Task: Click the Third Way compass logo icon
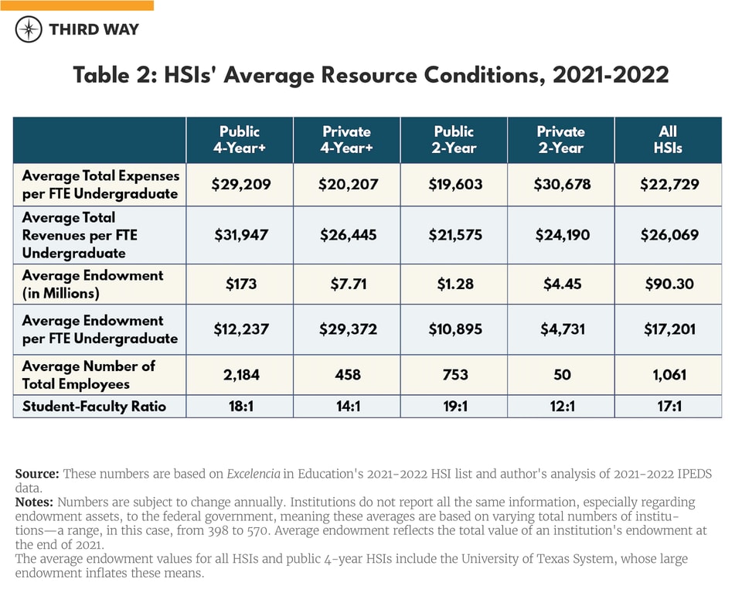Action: pyautogui.click(x=29, y=29)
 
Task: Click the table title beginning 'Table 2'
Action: pyautogui.click(x=370, y=76)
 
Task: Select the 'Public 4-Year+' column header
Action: pyautogui.click(x=239, y=139)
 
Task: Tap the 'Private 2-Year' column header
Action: pyautogui.click(x=560, y=139)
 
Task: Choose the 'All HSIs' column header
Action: pyautogui.click(x=667, y=139)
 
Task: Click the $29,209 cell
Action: pyautogui.click(x=239, y=184)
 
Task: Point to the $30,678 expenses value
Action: pyautogui.click(x=560, y=184)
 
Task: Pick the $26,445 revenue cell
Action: pyautogui.click(x=347, y=235)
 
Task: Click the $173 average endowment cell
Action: pyautogui.click(x=239, y=284)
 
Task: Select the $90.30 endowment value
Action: pyautogui.click(x=667, y=284)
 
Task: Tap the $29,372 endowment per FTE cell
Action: pyautogui.click(x=347, y=329)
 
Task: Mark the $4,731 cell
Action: pyautogui.click(x=560, y=329)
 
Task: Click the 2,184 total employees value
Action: pyautogui.click(x=239, y=375)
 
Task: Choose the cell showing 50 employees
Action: pyautogui.click(x=562, y=375)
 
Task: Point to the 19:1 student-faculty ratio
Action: pyautogui.click(x=454, y=406)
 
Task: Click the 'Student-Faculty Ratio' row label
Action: pyautogui.click(x=94, y=406)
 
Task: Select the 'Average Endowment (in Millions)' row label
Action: pyautogui.click(x=92, y=284)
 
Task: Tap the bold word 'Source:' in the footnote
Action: pyautogui.click(x=37, y=474)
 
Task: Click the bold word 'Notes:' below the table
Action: pyautogui.click(x=35, y=502)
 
